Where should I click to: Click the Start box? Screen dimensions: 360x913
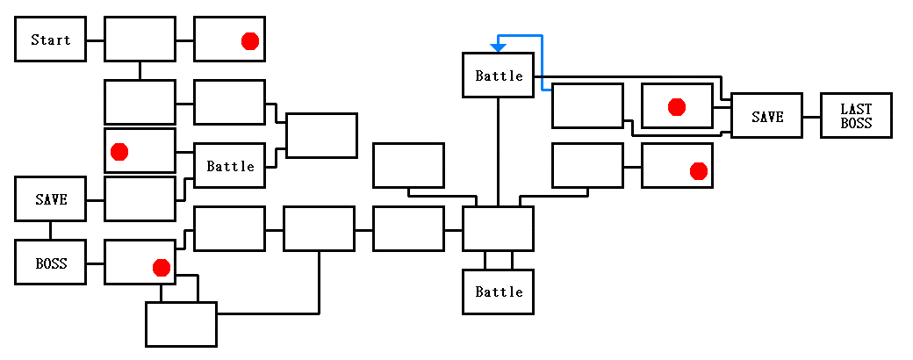[50, 40]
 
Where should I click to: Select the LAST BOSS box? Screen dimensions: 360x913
[856, 115]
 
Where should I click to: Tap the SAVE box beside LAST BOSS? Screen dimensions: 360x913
[766, 115]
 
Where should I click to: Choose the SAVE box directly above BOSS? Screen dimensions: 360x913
[50, 199]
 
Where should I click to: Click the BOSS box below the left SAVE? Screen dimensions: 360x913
[50, 263]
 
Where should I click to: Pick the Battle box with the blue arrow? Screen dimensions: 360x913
[498, 76]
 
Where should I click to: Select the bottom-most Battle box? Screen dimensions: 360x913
[498, 292]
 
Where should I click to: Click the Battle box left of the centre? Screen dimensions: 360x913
[229, 165]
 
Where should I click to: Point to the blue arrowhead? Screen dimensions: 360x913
[498, 47]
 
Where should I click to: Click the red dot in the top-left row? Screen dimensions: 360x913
[249, 41]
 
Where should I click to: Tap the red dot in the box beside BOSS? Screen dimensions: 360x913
[161, 267]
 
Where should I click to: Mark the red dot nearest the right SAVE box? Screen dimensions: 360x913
[676, 107]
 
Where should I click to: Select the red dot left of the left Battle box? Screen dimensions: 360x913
[119, 152]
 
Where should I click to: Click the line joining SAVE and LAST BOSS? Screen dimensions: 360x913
[811, 115]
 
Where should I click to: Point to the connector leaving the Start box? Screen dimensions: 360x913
[95, 40]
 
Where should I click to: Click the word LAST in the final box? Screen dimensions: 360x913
[856, 109]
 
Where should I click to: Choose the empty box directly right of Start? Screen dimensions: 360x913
[140, 40]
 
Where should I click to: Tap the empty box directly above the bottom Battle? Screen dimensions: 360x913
[498, 229]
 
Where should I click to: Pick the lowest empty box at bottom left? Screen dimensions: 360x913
[181, 324]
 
